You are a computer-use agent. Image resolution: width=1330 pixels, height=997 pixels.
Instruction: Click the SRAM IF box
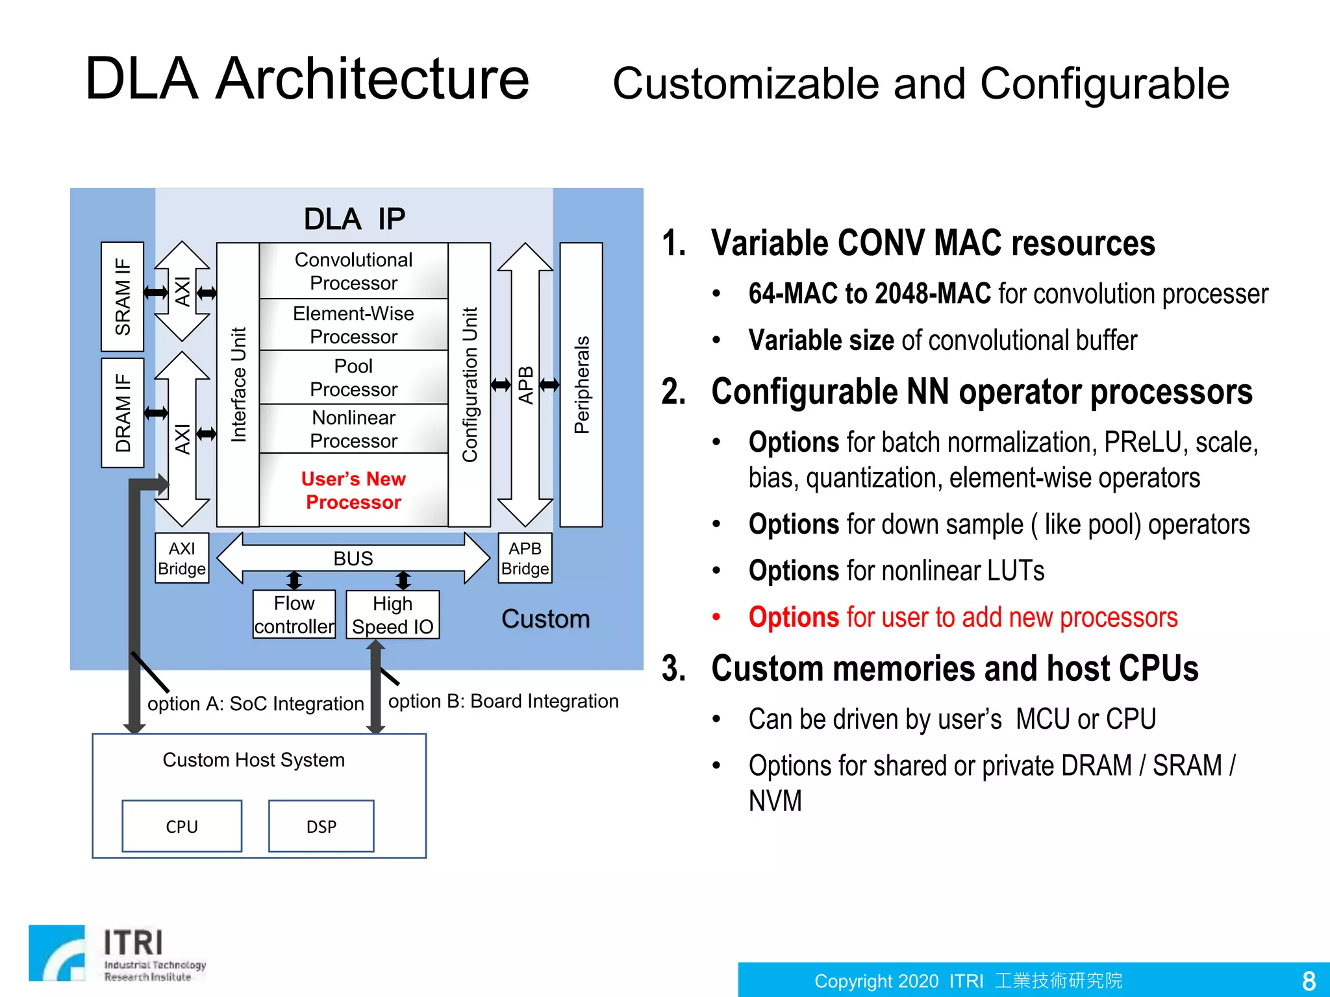pos(122,297)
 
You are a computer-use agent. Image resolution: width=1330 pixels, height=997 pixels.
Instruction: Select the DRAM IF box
pos(122,413)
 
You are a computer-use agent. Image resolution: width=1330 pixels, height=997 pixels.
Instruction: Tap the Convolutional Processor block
pos(353,271)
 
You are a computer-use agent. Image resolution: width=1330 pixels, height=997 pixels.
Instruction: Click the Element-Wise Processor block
pos(353,325)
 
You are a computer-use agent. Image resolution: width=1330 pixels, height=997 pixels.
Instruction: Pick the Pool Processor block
pos(353,377)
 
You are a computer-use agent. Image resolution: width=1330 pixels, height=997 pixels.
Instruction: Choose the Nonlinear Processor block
pos(353,428)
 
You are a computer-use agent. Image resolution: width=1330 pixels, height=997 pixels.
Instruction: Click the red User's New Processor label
pos(353,490)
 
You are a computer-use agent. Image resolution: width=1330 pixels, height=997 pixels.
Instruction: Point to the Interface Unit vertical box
pos(238,384)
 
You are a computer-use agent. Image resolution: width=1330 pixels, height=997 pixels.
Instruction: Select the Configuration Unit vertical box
pos(470,384)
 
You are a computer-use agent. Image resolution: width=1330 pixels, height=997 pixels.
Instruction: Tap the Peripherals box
pos(581,384)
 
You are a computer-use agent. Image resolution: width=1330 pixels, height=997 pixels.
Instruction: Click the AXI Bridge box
pos(182,558)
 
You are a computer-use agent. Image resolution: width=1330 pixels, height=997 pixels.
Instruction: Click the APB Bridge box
pos(525,558)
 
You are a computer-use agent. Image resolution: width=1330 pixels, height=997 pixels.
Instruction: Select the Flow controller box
pos(294,614)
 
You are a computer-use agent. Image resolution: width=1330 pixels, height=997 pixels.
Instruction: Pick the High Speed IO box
pos(392,615)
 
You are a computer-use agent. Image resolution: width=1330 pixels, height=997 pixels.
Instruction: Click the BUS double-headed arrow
pos(353,558)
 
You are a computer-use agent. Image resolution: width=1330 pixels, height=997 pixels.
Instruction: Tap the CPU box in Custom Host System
pos(182,826)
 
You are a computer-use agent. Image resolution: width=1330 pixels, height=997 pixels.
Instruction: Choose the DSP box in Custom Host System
pos(321,826)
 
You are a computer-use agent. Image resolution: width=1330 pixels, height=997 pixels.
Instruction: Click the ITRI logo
pos(117,953)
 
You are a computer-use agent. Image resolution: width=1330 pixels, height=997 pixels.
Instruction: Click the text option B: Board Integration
pos(503,701)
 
